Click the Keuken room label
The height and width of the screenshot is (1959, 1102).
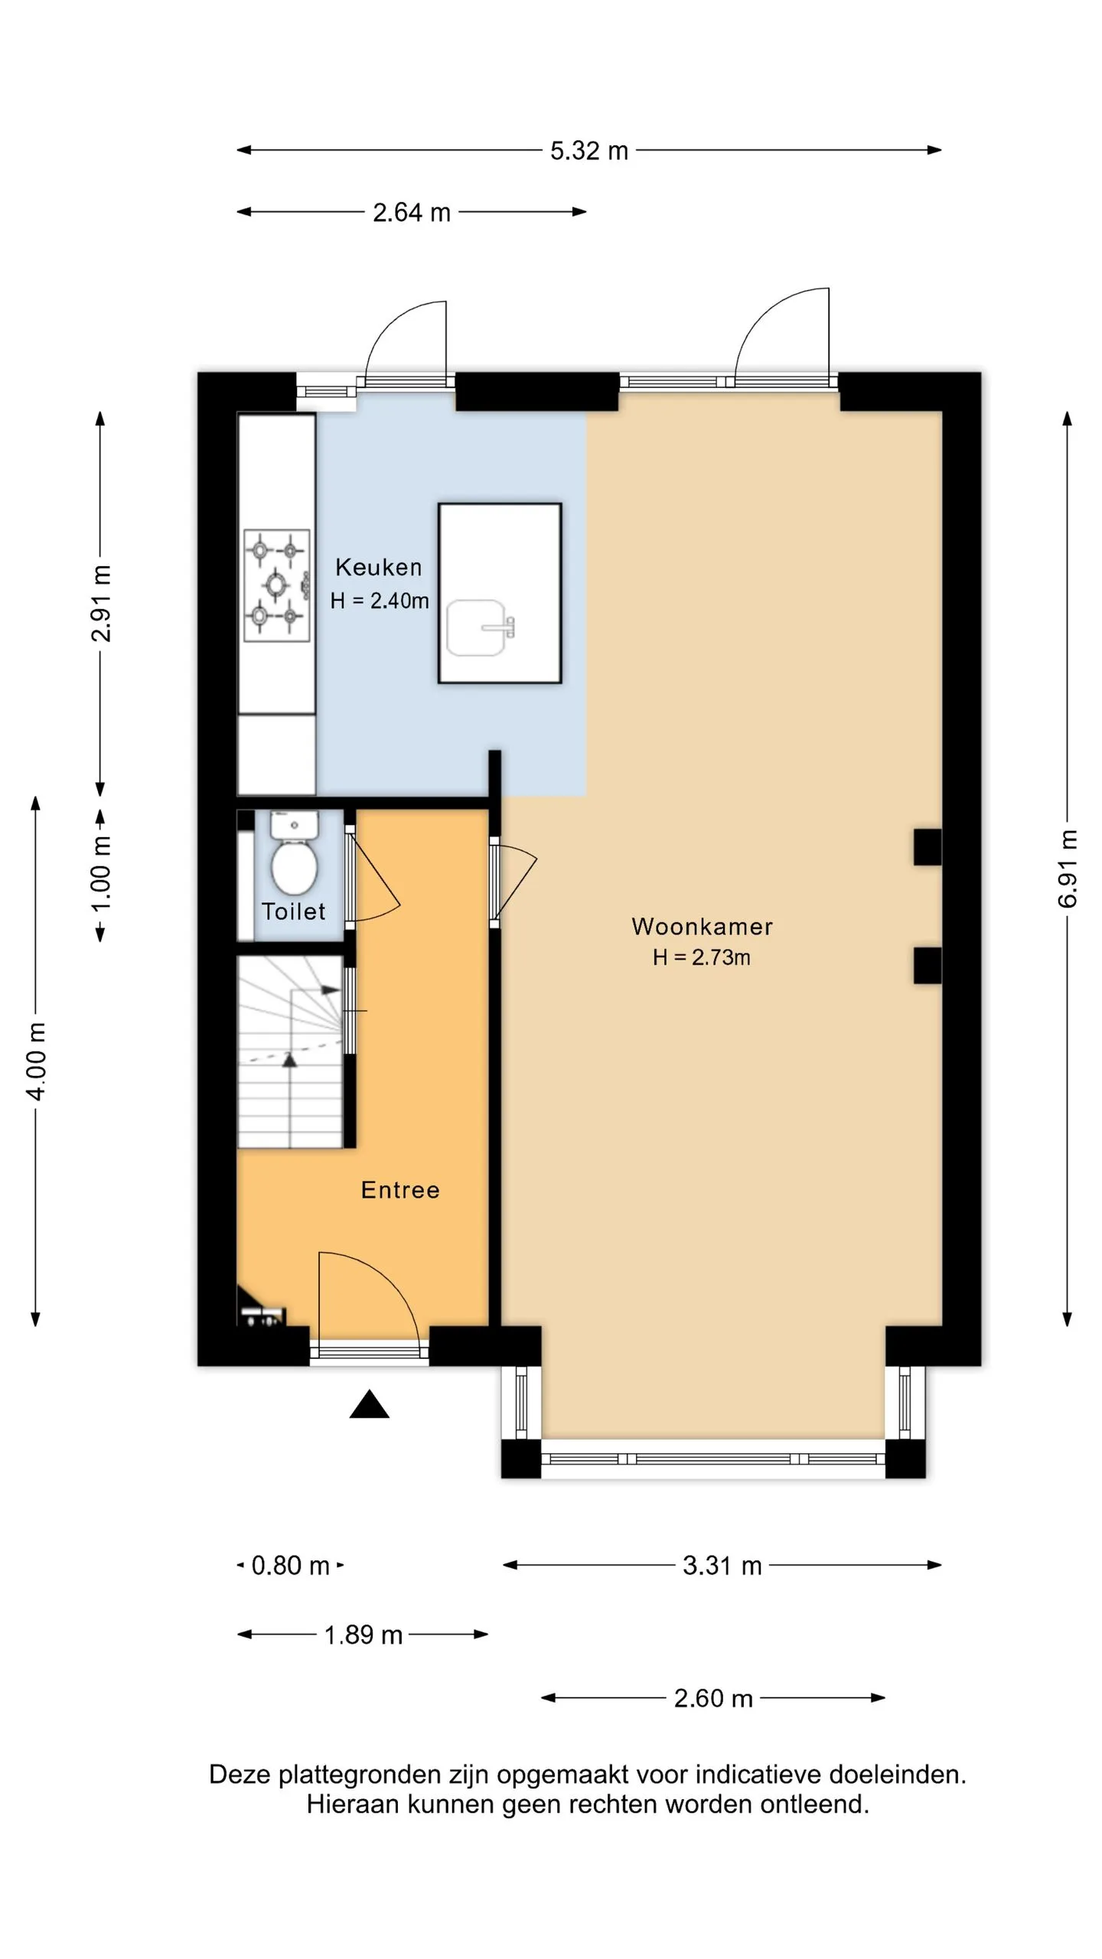click(x=378, y=567)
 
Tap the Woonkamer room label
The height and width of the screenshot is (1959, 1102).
click(x=702, y=927)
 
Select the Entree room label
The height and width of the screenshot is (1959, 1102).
click(x=400, y=1190)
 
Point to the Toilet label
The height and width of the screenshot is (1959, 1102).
click(x=293, y=911)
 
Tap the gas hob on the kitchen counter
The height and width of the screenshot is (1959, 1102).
click(x=276, y=585)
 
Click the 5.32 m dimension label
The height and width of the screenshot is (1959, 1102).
click(x=589, y=151)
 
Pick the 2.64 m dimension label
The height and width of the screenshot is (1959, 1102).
click(x=412, y=213)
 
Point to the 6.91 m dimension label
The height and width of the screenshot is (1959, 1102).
click(x=1068, y=869)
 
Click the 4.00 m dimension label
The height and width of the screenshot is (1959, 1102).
click(x=36, y=1061)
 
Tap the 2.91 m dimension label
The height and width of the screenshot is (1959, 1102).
click(x=100, y=603)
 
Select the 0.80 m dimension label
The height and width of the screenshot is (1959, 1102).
click(x=290, y=1566)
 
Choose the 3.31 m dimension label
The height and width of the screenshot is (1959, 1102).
click(x=722, y=1566)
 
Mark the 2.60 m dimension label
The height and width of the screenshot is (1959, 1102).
click(x=713, y=1698)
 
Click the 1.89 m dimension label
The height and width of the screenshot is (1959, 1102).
click(x=364, y=1635)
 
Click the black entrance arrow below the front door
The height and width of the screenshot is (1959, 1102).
click(x=370, y=1404)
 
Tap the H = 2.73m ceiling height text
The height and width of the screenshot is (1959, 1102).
click(x=702, y=957)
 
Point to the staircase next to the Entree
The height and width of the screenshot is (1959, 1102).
click(x=290, y=1051)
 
